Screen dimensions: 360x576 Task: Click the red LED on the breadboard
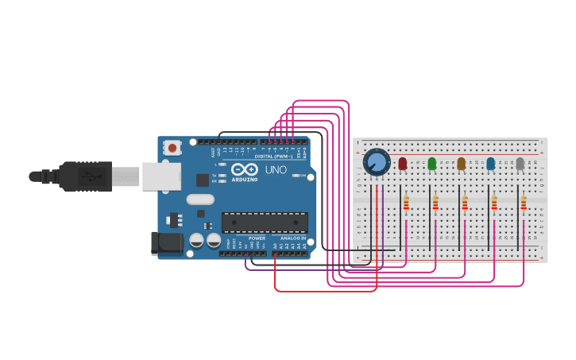[402, 163]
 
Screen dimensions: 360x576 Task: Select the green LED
[431, 163]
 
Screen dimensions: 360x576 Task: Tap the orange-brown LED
[461, 163]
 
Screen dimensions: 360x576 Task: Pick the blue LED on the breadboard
[490, 163]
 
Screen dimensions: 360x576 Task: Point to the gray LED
[520, 163]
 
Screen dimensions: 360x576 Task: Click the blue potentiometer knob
[377, 162]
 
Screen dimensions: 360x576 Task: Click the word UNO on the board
[276, 170]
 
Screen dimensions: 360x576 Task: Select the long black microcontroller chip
[265, 223]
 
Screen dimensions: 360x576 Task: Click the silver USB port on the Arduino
[160, 176]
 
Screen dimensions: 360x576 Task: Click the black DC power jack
[166, 244]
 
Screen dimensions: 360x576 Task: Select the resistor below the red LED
[406, 204]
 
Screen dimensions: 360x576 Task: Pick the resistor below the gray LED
[524, 204]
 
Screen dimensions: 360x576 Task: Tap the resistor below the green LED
[435, 204]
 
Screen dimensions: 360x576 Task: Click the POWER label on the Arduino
[257, 238]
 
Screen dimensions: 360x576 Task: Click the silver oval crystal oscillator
[201, 199]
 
